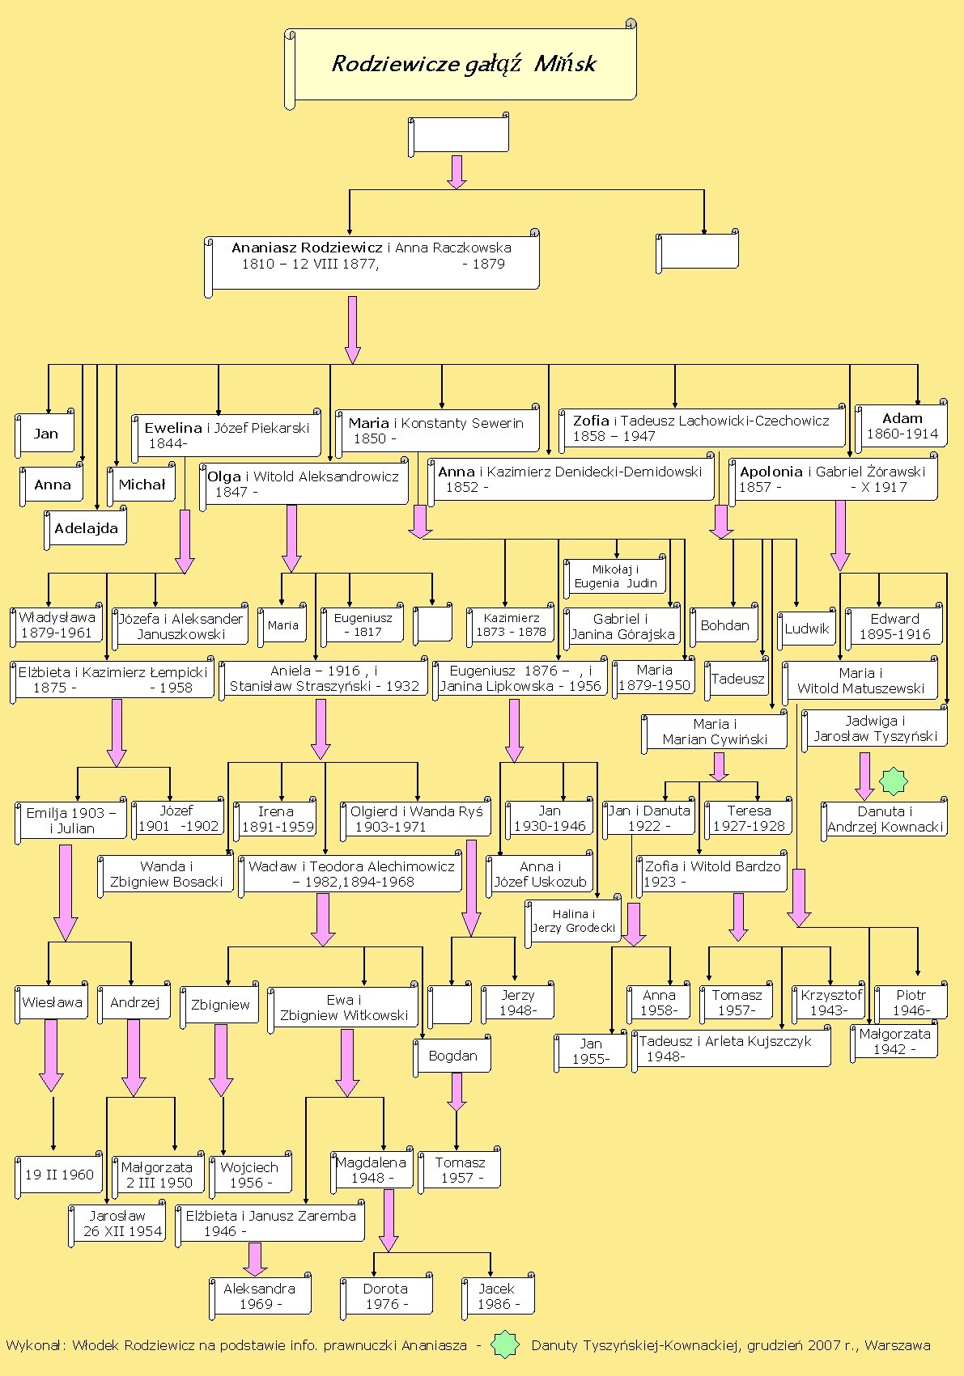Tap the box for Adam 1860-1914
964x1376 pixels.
pos(902,426)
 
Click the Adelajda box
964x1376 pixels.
pos(86,529)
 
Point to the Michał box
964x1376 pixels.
pos(142,485)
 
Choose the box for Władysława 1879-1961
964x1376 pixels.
pos(57,625)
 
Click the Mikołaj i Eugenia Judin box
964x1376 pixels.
pos(615,577)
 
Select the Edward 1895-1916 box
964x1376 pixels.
pos(894,627)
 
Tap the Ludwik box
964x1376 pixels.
pos(807,629)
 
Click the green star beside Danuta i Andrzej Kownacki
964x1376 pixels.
pos(894,781)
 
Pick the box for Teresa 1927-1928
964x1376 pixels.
pos(749,818)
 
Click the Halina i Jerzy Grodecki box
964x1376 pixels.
pos(574,921)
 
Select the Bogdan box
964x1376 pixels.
pos(453,1056)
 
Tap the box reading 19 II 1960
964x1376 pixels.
pos(59,1175)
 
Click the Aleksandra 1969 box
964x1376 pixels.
pos(259,1296)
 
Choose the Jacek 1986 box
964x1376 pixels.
pos(497,1296)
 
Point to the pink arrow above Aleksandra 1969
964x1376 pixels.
pos(255,1259)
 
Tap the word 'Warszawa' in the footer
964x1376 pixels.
pos(898,1345)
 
